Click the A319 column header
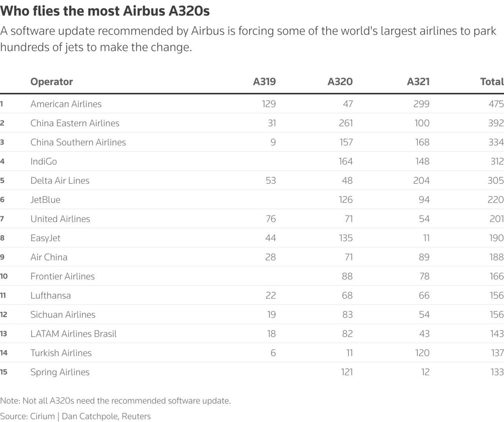tap(264, 82)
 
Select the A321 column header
tap(418, 82)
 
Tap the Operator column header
tap(51, 82)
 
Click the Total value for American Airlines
tap(495, 104)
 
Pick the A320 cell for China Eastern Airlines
tap(345, 123)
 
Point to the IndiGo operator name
tap(43, 161)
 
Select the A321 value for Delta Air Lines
tap(421, 180)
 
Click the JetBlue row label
tap(45, 199)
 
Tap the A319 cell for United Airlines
tap(271, 219)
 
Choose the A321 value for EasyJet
tap(424, 238)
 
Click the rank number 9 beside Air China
tap(3, 257)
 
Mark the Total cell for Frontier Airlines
tap(496, 276)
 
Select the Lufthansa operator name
tap(50, 295)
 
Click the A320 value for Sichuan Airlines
tap(347, 314)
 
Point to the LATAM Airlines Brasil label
tap(73, 333)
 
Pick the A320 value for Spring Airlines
tap(346, 372)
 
